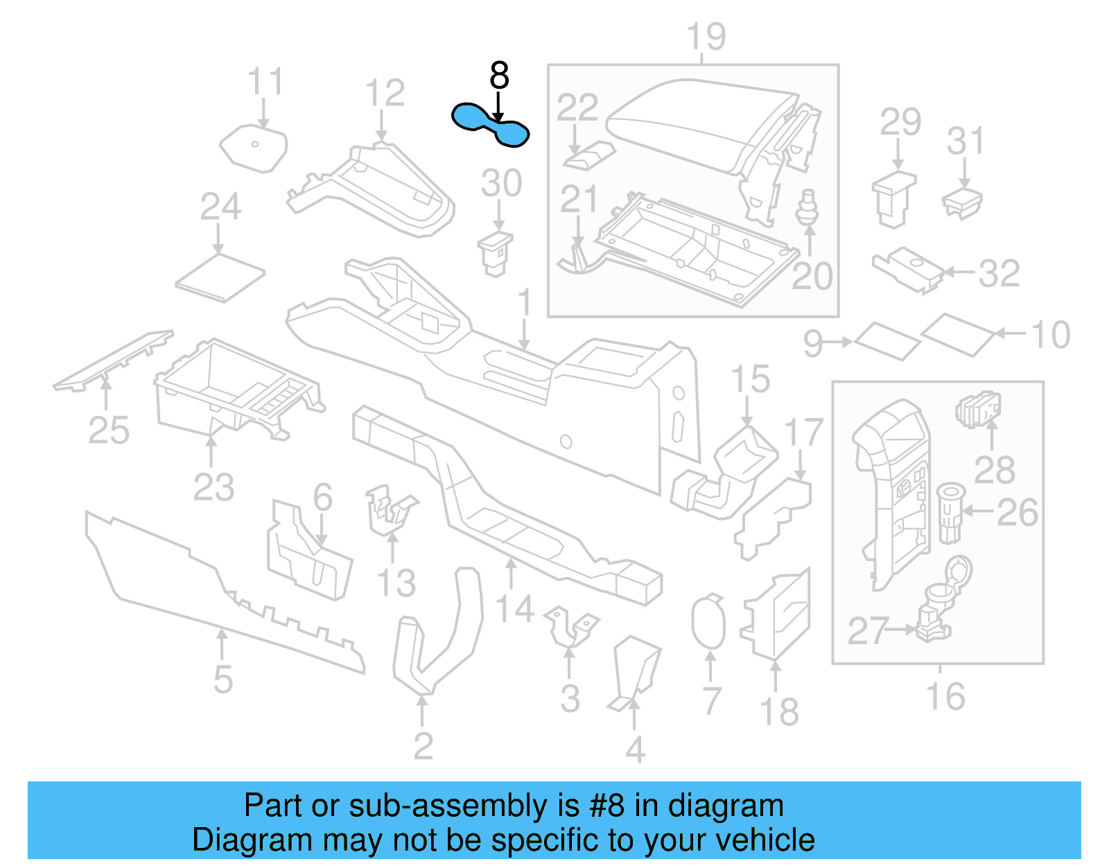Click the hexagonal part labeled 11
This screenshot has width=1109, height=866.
[254, 148]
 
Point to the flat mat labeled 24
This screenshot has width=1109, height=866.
[220, 277]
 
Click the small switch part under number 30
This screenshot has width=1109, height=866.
[495, 254]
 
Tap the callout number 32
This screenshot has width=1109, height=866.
[999, 273]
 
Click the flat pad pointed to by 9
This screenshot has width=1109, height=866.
[887, 340]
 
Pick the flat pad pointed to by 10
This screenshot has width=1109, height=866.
[959, 334]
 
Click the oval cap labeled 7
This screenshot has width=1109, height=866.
[708, 622]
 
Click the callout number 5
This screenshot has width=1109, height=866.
[222, 679]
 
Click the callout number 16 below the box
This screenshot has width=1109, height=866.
[945, 696]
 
